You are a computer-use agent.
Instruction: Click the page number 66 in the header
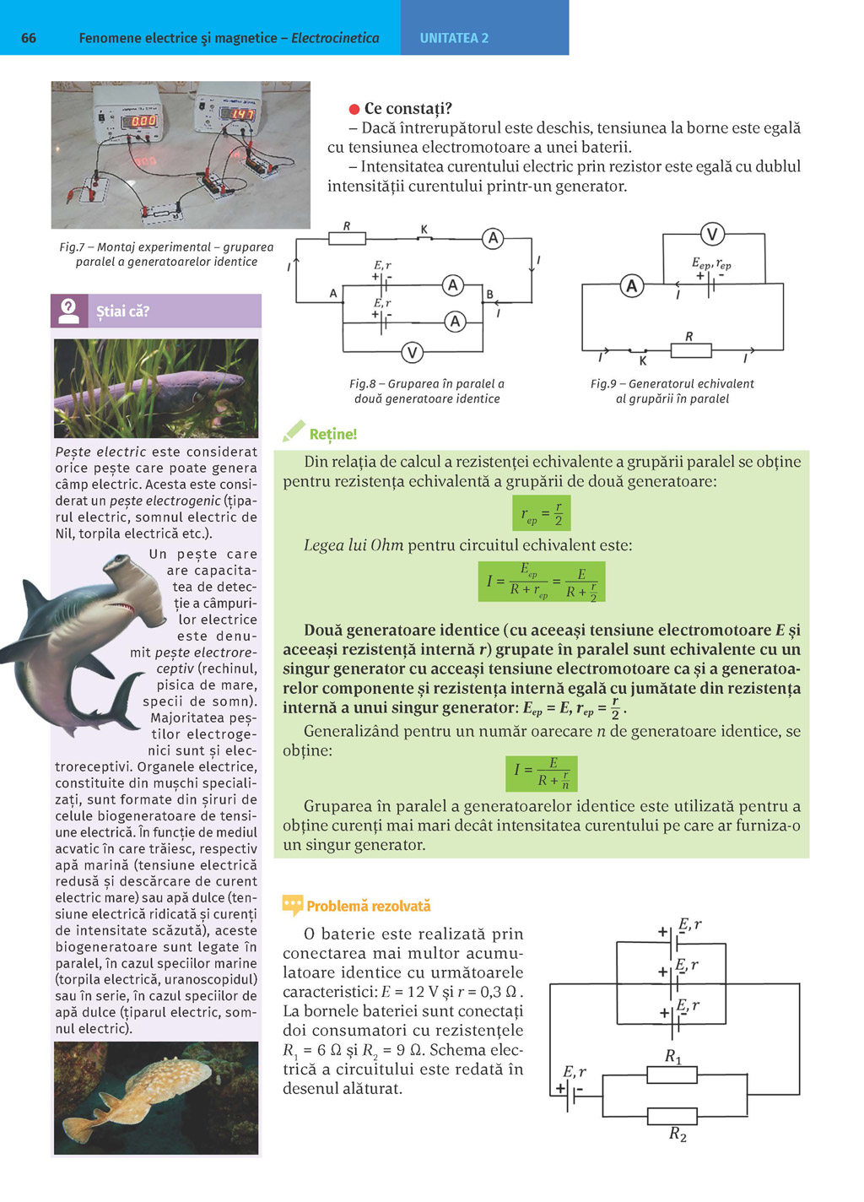[x=29, y=38]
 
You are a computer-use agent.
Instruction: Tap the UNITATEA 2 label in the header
[x=454, y=38]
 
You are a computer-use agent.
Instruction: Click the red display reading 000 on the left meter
[x=143, y=121]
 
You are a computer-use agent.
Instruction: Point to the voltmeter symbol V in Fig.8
[x=412, y=352]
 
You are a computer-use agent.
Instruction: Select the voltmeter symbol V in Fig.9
[x=712, y=234]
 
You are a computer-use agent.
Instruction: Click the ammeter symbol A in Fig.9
[x=631, y=286]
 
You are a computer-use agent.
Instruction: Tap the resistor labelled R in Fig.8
[x=347, y=238]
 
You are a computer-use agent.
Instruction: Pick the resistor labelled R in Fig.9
[x=690, y=349]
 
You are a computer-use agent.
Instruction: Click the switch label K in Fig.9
[x=643, y=360]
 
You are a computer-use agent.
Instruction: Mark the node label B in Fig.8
[x=489, y=295]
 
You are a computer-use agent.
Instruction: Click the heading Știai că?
[x=122, y=311]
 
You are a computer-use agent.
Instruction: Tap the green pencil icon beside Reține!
[x=294, y=431]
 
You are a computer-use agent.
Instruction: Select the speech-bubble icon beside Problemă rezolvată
[x=292, y=906]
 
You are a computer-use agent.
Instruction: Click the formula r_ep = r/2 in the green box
[x=541, y=512]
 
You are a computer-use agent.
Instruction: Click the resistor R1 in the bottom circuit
[x=672, y=1075]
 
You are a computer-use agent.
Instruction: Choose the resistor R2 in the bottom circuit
[x=672, y=1116]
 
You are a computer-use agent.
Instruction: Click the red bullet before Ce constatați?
[x=354, y=109]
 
